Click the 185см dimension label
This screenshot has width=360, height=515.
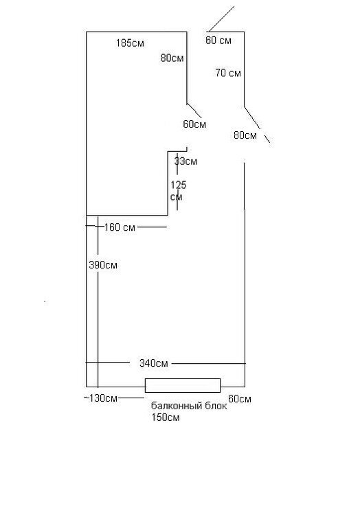coord(130,43)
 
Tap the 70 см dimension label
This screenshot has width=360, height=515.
coord(228,73)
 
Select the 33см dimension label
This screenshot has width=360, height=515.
coord(185,161)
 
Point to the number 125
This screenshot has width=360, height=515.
coord(179,185)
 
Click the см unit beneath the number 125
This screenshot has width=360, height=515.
coord(177,197)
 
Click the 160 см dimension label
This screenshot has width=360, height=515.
coord(120,227)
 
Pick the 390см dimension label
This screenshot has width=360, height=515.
coord(103,265)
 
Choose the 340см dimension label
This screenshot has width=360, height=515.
coord(154,363)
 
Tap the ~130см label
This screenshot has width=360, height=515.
coord(100,398)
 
